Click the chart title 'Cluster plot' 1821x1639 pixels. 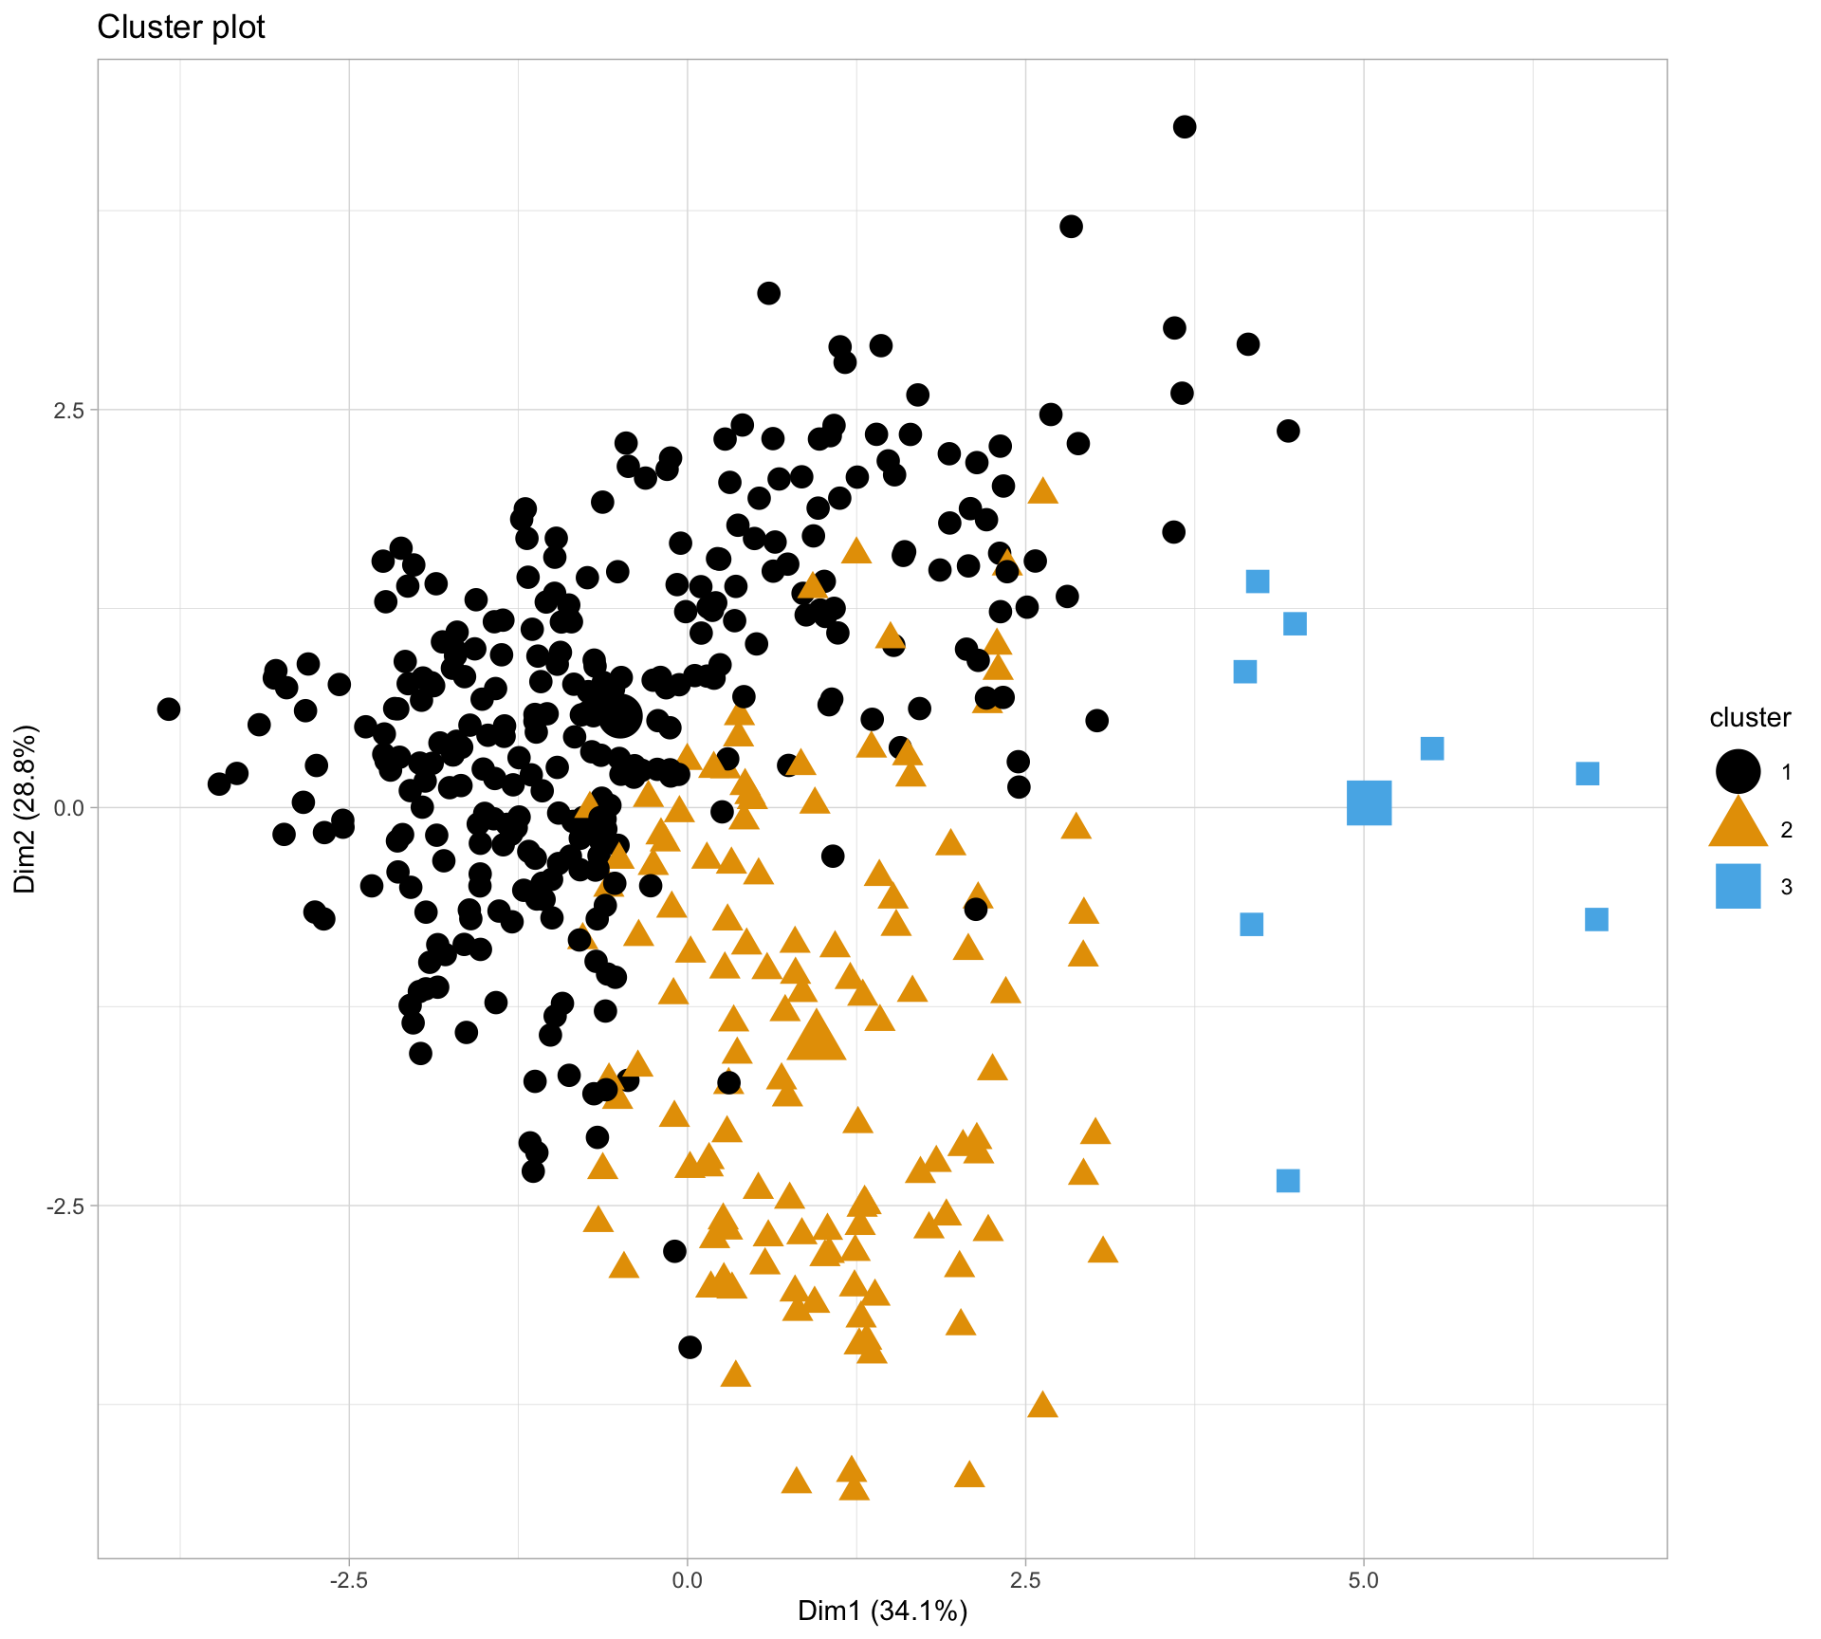(x=181, y=28)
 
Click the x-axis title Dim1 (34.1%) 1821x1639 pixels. (x=882, y=1611)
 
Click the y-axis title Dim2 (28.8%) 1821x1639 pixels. (x=26, y=808)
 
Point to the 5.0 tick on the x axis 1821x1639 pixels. (x=1363, y=1581)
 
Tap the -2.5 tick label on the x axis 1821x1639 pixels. (x=348, y=1581)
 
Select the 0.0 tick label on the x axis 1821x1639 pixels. (x=687, y=1581)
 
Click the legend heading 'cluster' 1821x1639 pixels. (x=1750, y=718)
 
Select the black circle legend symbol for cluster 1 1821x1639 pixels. (x=1738, y=771)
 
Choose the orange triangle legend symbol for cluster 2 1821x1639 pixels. (x=1738, y=825)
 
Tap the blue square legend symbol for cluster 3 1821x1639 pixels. (x=1738, y=886)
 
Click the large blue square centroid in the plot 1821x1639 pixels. (x=1369, y=803)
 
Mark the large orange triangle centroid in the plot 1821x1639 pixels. (x=816, y=1037)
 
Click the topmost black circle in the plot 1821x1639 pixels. (x=1185, y=127)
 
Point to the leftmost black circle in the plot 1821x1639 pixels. (x=169, y=709)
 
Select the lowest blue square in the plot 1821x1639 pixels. (x=1288, y=1180)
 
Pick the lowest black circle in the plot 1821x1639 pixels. (x=690, y=1347)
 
